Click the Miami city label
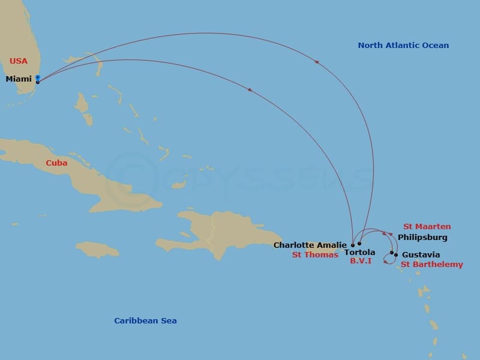tap(19, 79)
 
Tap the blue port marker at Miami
tap(38, 78)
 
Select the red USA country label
tap(19, 61)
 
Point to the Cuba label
tap(56, 163)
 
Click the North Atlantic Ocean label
tap(403, 45)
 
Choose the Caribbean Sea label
tap(145, 320)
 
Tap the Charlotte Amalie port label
tap(310, 245)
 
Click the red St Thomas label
tap(316, 255)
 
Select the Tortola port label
tap(360, 253)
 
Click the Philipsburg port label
tap(422, 238)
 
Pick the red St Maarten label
tap(427, 226)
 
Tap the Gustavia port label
tap(421, 255)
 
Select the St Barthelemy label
tap(432, 264)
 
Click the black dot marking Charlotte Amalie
tap(353, 245)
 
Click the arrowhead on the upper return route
tap(316, 62)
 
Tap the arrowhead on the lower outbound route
tap(250, 90)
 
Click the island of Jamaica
tap(97, 249)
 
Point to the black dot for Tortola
tap(359, 244)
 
